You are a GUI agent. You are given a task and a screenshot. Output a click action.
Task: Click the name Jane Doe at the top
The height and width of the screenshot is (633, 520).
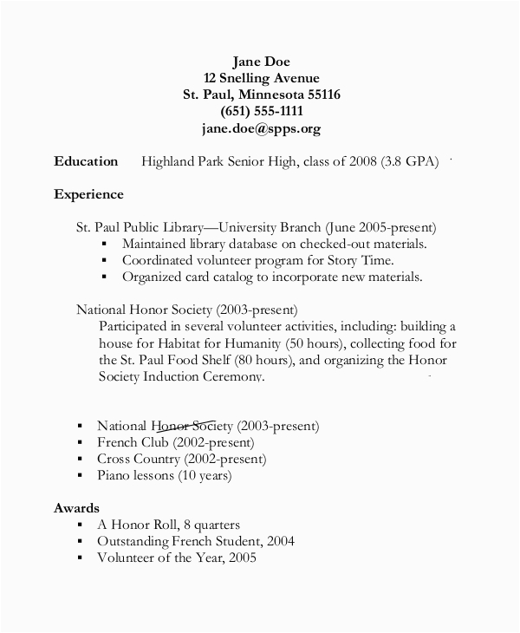pyautogui.click(x=261, y=61)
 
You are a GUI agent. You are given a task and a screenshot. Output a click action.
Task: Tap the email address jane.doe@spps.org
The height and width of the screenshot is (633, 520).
pyautogui.click(x=261, y=128)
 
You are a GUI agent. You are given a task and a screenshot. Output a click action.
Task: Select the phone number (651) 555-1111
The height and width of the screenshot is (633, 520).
pyautogui.click(x=261, y=111)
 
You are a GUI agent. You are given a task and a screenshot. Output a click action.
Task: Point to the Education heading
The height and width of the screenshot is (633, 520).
pyautogui.click(x=86, y=161)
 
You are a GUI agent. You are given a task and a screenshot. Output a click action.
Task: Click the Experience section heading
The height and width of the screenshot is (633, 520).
pyautogui.click(x=88, y=194)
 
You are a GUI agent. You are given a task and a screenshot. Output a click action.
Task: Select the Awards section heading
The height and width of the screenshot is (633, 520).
pyautogui.click(x=76, y=507)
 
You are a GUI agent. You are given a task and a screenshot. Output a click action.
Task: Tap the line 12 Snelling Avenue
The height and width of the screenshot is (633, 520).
pyautogui.click(x=261, y=77)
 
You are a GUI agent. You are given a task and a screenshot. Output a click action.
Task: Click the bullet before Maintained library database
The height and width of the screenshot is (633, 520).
pyautogui.click(x=105, y=245)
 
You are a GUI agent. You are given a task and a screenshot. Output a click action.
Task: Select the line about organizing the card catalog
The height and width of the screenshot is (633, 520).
pyautogui.click(x=271, y=277)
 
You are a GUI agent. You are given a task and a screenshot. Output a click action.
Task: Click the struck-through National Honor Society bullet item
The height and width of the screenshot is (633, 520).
pyautogui.click(x=208, y=426)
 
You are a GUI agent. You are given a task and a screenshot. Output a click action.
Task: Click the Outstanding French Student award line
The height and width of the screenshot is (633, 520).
pyautogui.click(x=196, y=541)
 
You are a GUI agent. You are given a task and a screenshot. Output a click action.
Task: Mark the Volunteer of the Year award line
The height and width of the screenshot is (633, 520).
pyautogui.click(x=176, y=558)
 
